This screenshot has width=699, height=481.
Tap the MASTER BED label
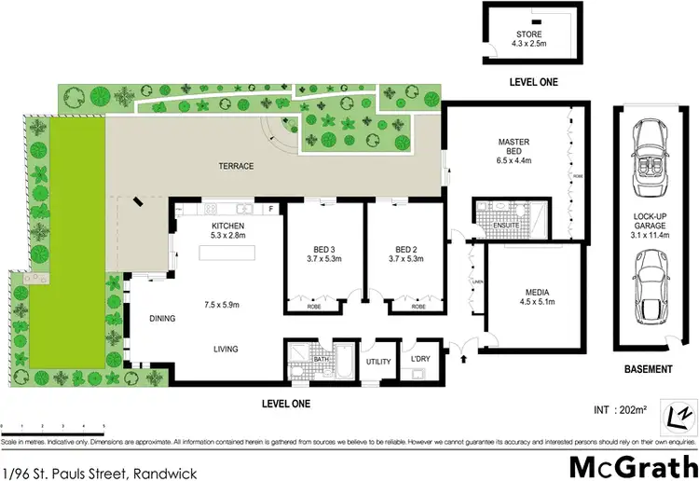pos(514,146)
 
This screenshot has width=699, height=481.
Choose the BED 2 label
pos(404,249)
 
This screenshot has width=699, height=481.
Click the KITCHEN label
pos(227,227)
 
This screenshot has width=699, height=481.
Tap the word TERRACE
pos(236,166)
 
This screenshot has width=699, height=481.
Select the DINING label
pos(162,318)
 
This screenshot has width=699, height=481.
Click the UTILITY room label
pos(378,362)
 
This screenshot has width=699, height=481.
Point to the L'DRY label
pos(418,359)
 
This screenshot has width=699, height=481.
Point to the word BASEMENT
pos(648,369)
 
